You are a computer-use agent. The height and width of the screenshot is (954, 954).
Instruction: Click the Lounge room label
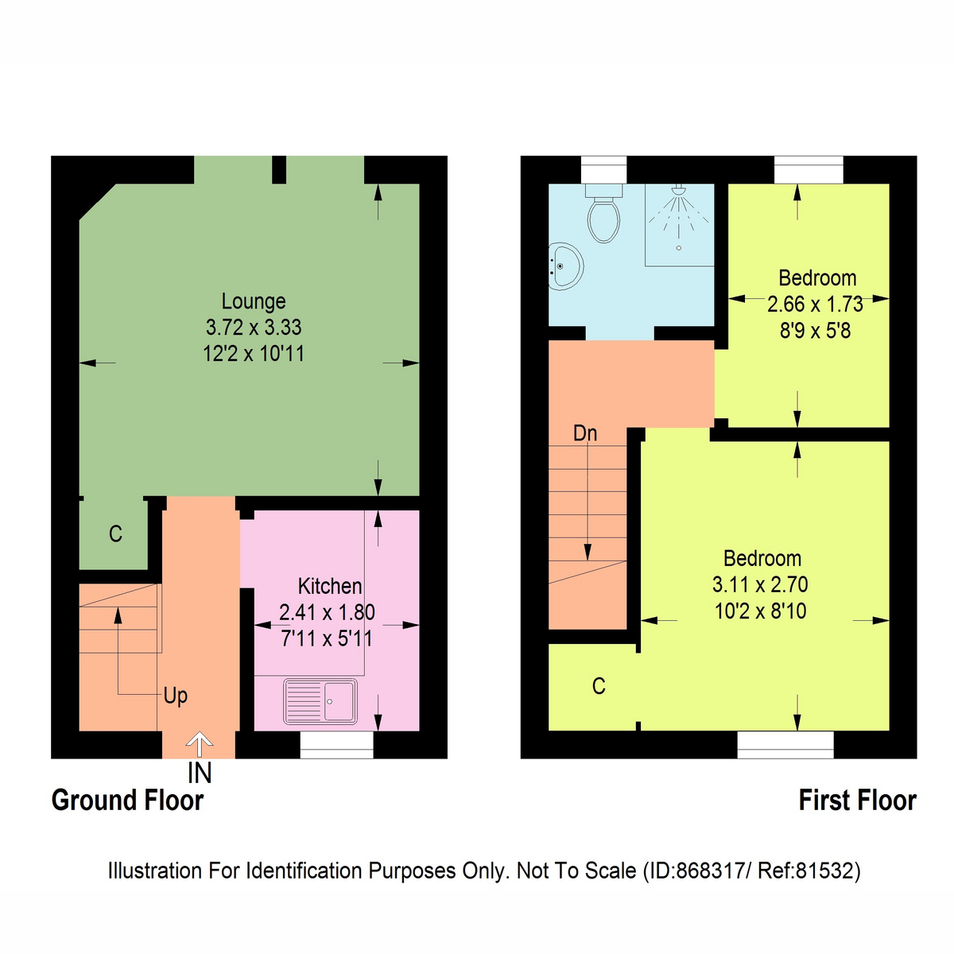pyautogui.click(x=254, y=301)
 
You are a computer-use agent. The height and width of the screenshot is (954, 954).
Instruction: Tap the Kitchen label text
pyautogui.click(x=330, y=587)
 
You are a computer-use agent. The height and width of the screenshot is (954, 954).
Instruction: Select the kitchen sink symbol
pyautogui.click(x=320, y=701)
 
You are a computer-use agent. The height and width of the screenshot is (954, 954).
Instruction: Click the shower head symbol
pyautogui.click(x=679, y=190)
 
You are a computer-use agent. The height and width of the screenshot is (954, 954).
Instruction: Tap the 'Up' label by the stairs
pyautogui.click(x=176, y=696)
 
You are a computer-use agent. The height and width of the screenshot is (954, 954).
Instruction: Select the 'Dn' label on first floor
pyautogui.click(x=585, y=433)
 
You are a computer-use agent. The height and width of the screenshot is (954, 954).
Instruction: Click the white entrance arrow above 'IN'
pyautogui.click(x=199, y=745)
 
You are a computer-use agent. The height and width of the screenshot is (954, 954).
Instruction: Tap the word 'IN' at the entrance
pyautogui.click(x=200, y=772)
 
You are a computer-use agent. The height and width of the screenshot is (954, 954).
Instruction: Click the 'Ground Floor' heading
pyautogui.click(x=127, y=800)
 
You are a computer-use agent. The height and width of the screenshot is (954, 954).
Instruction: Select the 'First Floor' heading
pyautogui.click(x=857, y=800)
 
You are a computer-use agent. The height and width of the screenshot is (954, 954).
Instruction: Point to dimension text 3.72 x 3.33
pyautogui.click(x=254, y=328)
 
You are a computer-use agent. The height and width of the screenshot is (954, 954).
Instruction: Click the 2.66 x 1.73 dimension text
pyautogui.click(x=815, y=304)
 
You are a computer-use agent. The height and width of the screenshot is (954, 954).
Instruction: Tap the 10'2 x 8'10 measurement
pyautogui.click(x=761, y=611)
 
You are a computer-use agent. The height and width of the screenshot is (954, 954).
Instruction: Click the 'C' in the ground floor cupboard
pyautogui.click(x=115, y=533)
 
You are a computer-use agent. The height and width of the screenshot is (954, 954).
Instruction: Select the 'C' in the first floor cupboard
pyautogui.click(x=599, y=686)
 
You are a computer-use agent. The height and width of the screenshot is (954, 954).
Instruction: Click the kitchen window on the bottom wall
pyautogui.click(x=336, y=745)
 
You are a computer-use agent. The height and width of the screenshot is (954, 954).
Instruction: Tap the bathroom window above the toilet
pyautogui.click(x=604, y=169)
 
